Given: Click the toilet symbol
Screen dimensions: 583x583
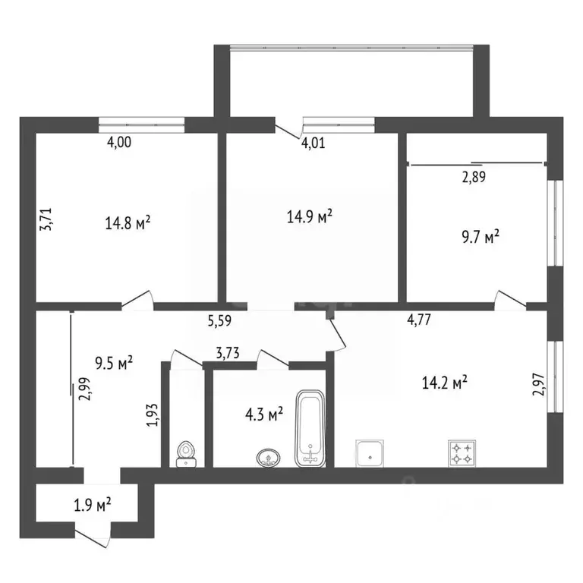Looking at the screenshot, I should tap(186, 454).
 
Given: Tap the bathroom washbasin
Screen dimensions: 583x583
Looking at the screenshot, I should tap(267, 458).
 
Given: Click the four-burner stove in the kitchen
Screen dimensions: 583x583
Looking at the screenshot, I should tap(462, 454).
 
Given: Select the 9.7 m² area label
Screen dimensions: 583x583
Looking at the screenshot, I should tap(479, 238).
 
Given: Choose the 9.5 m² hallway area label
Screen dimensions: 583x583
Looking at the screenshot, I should tap(114, 361).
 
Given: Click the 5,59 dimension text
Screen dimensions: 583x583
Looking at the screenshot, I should tap(220, 321).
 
